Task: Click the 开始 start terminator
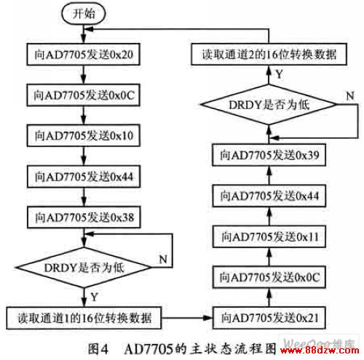pyautogui.click(x=84, y=13)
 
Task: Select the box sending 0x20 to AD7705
pyautogui.click(x=84, y=55)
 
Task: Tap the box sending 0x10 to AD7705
pyautogui.click(x=84, y=135)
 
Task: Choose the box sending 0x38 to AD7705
pyautogui.click(x=84, y=217)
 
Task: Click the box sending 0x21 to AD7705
pyautogui.click(x=269, y=318)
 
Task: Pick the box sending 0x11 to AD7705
pyautogui.click(x=269, y=236)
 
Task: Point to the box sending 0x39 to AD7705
pyautogui.click(x=269, y=155)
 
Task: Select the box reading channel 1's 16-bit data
pyautogui.click(x=84, y=318)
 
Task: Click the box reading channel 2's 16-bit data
pyautogui.click(x=269, y=55)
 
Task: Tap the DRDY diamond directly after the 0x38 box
pyautogui.click(x=84, y=268)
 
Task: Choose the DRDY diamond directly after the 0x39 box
pyautogui.click(x=269, y=105)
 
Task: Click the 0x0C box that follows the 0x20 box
pyautogui.click(x=84, y=95)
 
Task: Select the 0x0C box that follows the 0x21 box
pyautogui.click(x=269, y=277)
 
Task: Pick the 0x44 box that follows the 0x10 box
pyautogui.click(x=84, y=177)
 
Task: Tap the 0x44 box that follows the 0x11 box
pyautogui.click(x=269, y=196)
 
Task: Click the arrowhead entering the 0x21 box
pyautogui.click(x=207, y=318)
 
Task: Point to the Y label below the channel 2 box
pyautogui.click(x=280, y=74)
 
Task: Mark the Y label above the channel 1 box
pyautogui.click(x=94, y=297)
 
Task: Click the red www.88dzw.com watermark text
pyautogui.click(x=320, y=351)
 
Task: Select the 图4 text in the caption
pyautogui.click(x=98, y=349)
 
